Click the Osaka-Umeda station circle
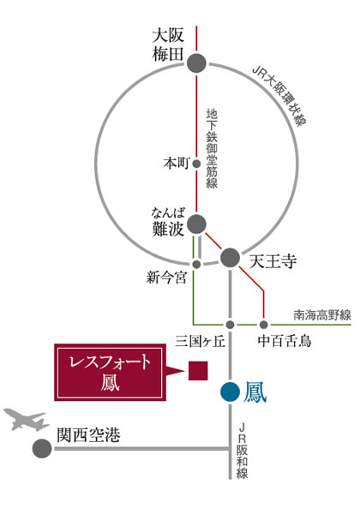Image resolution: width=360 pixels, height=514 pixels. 196,63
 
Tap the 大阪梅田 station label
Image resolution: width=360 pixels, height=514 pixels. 167,45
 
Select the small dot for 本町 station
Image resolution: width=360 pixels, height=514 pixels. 196,164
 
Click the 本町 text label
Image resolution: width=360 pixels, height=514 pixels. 177,163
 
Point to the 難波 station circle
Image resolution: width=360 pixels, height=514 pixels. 196,224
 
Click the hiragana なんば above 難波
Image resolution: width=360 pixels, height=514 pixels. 168,213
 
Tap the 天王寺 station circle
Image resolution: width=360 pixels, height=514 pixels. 231,258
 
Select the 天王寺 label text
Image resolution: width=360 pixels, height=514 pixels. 273,261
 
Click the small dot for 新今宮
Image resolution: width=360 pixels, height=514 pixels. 196,264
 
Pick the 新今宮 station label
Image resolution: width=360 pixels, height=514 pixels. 166,278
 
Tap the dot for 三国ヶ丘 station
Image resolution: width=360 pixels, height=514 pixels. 231,325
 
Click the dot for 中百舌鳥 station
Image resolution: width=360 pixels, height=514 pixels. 264,325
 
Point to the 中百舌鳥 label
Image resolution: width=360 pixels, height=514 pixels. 285,341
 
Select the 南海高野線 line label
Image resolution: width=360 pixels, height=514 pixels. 322,315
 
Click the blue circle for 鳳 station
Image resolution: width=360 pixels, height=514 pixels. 231,391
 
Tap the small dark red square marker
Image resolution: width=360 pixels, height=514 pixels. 198,371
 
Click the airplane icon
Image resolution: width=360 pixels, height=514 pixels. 26,419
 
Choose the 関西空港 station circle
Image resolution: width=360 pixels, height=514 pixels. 42,448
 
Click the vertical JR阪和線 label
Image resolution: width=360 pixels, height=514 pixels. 243,451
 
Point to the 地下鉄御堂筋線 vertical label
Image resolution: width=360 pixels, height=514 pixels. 212,148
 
